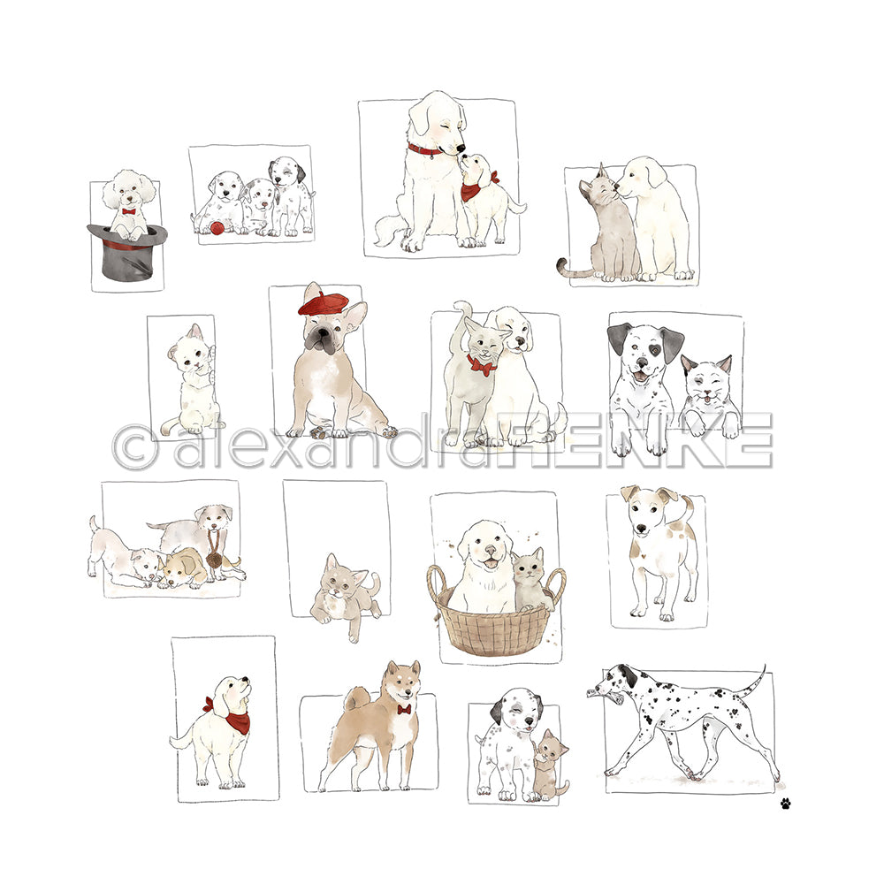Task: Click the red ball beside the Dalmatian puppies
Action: [x=216, y=228]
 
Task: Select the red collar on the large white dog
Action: [x=425, y=150]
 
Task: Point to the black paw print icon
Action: [x=785, y=803]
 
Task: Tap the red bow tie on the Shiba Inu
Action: [x=404, y=709]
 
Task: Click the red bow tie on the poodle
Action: [x=129, y=212]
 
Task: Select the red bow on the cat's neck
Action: [x=481, y=366]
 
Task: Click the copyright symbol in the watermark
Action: [x=134, y=446]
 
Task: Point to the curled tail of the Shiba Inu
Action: [x=357, y=700]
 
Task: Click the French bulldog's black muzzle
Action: [x=319, y=339]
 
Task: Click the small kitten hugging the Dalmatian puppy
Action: [x=549, y=765]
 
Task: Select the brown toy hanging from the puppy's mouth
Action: [x=214, y=558]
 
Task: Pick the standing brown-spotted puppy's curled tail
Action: [x=690, y=507]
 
